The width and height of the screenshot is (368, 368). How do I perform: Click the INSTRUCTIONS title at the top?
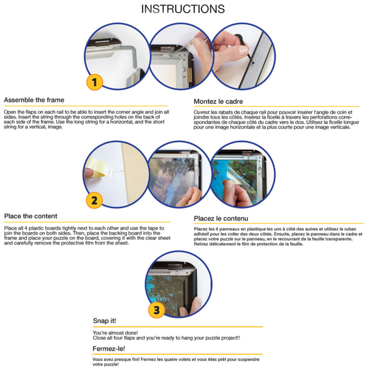pyautogui.click(x=183, y=9)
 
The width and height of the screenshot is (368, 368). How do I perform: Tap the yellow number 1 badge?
pyautogui.click(x=95, y=82)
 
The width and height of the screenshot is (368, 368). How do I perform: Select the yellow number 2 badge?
pyautogui.click(x=94, y=201)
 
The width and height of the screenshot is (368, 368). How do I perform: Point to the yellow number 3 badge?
pyautogui.click(x=157, y=310)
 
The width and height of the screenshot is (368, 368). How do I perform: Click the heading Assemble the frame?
pyautogui.click(x=34, y=100)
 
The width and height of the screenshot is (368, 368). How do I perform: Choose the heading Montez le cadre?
pyautogui.click(x=218, y=102)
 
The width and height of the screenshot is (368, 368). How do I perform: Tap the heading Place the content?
pyautogui.click(x=31, y=216)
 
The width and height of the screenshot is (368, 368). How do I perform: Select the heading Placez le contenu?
pyautogui.click(x=221, y=218)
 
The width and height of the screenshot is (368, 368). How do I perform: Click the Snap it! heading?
pyautogui.click(x=105, y=321)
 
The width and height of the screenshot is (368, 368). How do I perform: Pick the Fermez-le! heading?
pyautogui.click(x=109, y=349)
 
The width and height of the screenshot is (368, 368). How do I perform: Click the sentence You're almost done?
pyautogui.click(x=115, y=333)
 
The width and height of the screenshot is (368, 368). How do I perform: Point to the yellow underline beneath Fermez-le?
pyautogui.click(x=178, y=354)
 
